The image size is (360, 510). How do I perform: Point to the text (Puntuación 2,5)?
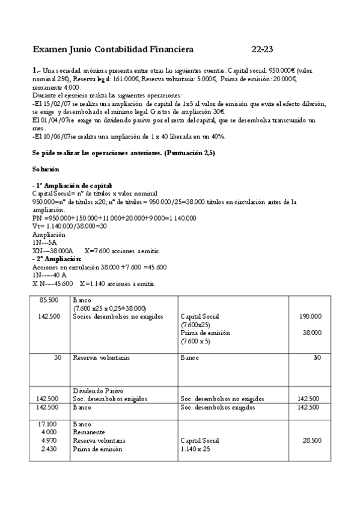coord(188,153)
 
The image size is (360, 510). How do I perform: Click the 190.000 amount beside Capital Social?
coord(310,316)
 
